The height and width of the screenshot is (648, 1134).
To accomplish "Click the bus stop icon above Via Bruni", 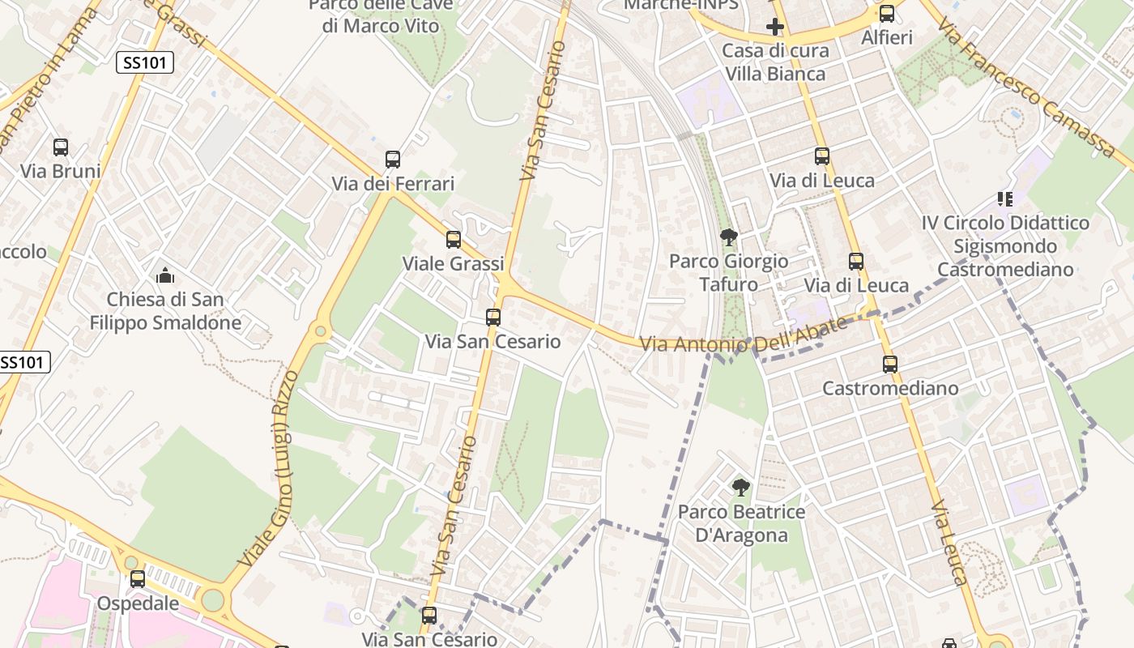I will tap(61, 147).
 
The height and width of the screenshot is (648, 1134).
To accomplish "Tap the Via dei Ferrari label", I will tap(393, 184).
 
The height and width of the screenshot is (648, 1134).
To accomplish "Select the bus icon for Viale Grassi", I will tap(454, 240).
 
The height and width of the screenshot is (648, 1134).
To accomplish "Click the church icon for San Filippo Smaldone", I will tap(165, 275).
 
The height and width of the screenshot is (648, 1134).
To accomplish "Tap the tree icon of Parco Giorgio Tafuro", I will tap(728, 237).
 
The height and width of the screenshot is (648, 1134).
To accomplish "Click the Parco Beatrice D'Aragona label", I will tap(741, 523).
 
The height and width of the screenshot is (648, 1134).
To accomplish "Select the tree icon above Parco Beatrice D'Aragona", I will tap(740, 487).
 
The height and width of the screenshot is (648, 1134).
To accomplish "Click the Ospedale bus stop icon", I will tap(138, 579).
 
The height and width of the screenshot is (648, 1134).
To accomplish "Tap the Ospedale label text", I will tap(138, 603).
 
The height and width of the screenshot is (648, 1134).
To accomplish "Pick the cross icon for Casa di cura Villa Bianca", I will tap(775, 27).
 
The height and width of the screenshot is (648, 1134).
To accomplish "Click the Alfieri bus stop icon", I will tap(887, 14).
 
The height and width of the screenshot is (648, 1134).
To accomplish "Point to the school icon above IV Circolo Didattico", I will tap(1005, 198).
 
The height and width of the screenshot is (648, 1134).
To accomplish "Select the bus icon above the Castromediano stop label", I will tap(890, 364).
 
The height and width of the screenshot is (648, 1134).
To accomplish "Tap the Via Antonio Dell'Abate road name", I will tap(744, 335).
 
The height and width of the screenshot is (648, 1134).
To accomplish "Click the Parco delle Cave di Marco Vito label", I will tap(381, 16).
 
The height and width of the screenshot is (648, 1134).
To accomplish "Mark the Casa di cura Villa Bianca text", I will tap(775, 62).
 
